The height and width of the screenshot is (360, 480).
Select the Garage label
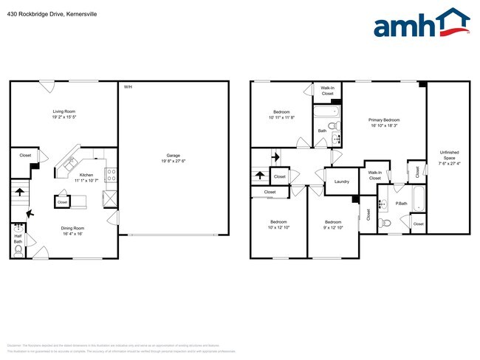pyautogui.click(x=173, y=156)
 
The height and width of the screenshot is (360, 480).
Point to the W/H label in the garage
pyautogui.click(x=128, y=87)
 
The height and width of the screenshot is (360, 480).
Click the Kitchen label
pyautogui.click(x=85, y=176)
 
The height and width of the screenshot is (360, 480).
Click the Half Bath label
pyautogui.click(x=18, y=238)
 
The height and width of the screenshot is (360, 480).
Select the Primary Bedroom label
pyautogui.click(x=384, y=120)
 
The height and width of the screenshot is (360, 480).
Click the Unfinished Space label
pyautogui.click(x=449, y=155)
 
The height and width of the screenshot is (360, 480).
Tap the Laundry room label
pyautogui.click(x=341, y=181)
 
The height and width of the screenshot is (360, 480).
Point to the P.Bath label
pyautogui.click(x=402, y=203)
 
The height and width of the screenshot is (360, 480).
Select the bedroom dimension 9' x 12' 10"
pyautogui.click(x=333, y=227)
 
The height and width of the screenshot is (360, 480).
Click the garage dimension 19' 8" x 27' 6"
pyautogui.click(x=173, y=162)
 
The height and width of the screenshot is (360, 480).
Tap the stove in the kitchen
pyautogui.click(x=111, y=175)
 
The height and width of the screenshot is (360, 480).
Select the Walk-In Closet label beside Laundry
pyautogui.click(x=374, y=176)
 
